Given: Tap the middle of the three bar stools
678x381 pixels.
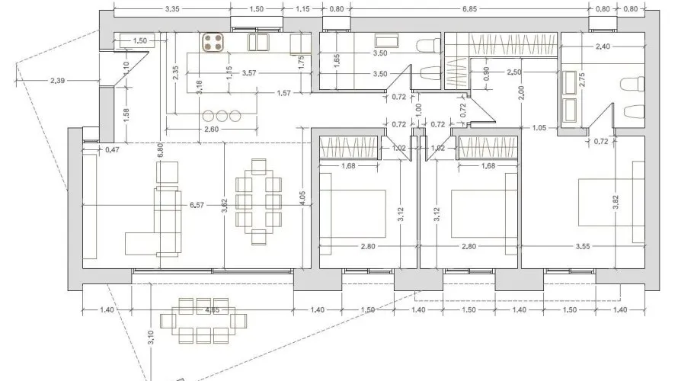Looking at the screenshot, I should (x=222, y=117).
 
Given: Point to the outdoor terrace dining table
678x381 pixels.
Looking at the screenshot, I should (x=203, y=322).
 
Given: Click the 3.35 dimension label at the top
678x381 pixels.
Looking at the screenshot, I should (x=171, y=8).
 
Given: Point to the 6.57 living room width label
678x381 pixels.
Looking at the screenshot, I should (x=197, y=205).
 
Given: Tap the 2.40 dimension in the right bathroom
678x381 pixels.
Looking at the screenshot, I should (x=603, y=46).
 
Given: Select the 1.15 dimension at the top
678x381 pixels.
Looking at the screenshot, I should (x=302, y=8).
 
